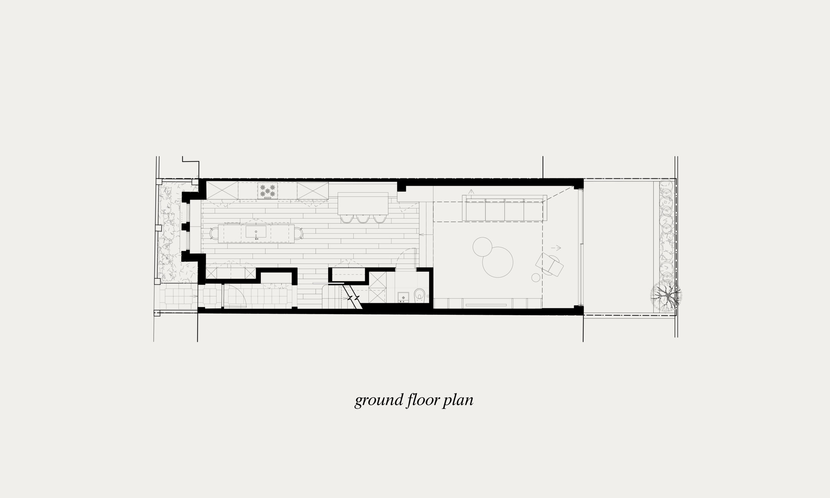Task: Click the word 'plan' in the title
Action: tap(458, 401)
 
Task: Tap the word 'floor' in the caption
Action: tap(423, 400)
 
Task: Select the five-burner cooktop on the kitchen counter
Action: tap(268, 191)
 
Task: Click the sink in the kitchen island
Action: tap(256, 231)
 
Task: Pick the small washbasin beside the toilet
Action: tap(403, 297)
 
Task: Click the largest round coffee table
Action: tap(498, 262)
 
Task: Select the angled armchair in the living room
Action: tap(550, 265)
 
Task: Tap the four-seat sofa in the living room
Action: tap(504, 208)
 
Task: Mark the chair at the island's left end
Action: tap(214, 233)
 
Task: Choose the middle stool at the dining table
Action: tap(363, 219)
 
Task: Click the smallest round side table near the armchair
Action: tap(536, 278)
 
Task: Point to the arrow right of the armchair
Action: tap(556, 248)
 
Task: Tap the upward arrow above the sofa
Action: tap(471, 192)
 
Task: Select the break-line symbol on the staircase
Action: tap(353, 298)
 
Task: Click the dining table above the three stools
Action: tap(363, 203)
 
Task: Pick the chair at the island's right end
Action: tap(299, 233)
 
